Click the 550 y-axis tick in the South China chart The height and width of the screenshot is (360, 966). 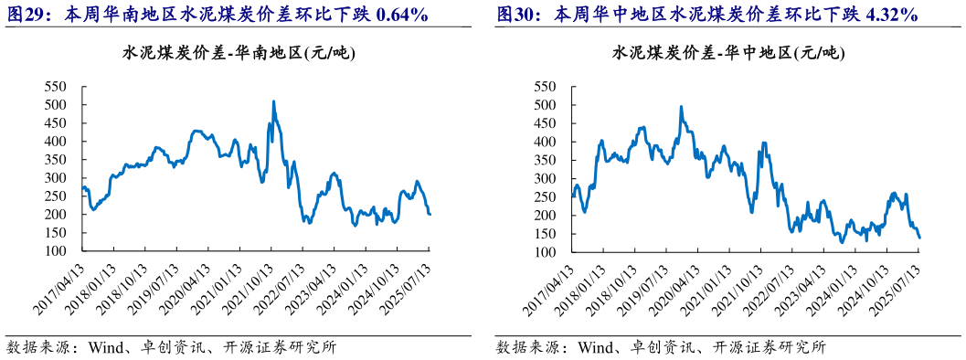click(x=58, y=87)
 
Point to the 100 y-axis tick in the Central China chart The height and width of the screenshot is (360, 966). click(x=546, y=251)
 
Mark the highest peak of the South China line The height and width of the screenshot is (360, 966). click(x=273, y=101)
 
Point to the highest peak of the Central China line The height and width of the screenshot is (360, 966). click(x=681, y=107)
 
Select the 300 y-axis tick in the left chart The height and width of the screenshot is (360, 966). click(x=58, y=178)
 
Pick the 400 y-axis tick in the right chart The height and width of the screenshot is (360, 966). click(x=546, y=142)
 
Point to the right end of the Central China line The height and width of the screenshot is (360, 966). click(x=919, y=238)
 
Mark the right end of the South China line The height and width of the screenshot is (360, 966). click(x=430, y=214)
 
